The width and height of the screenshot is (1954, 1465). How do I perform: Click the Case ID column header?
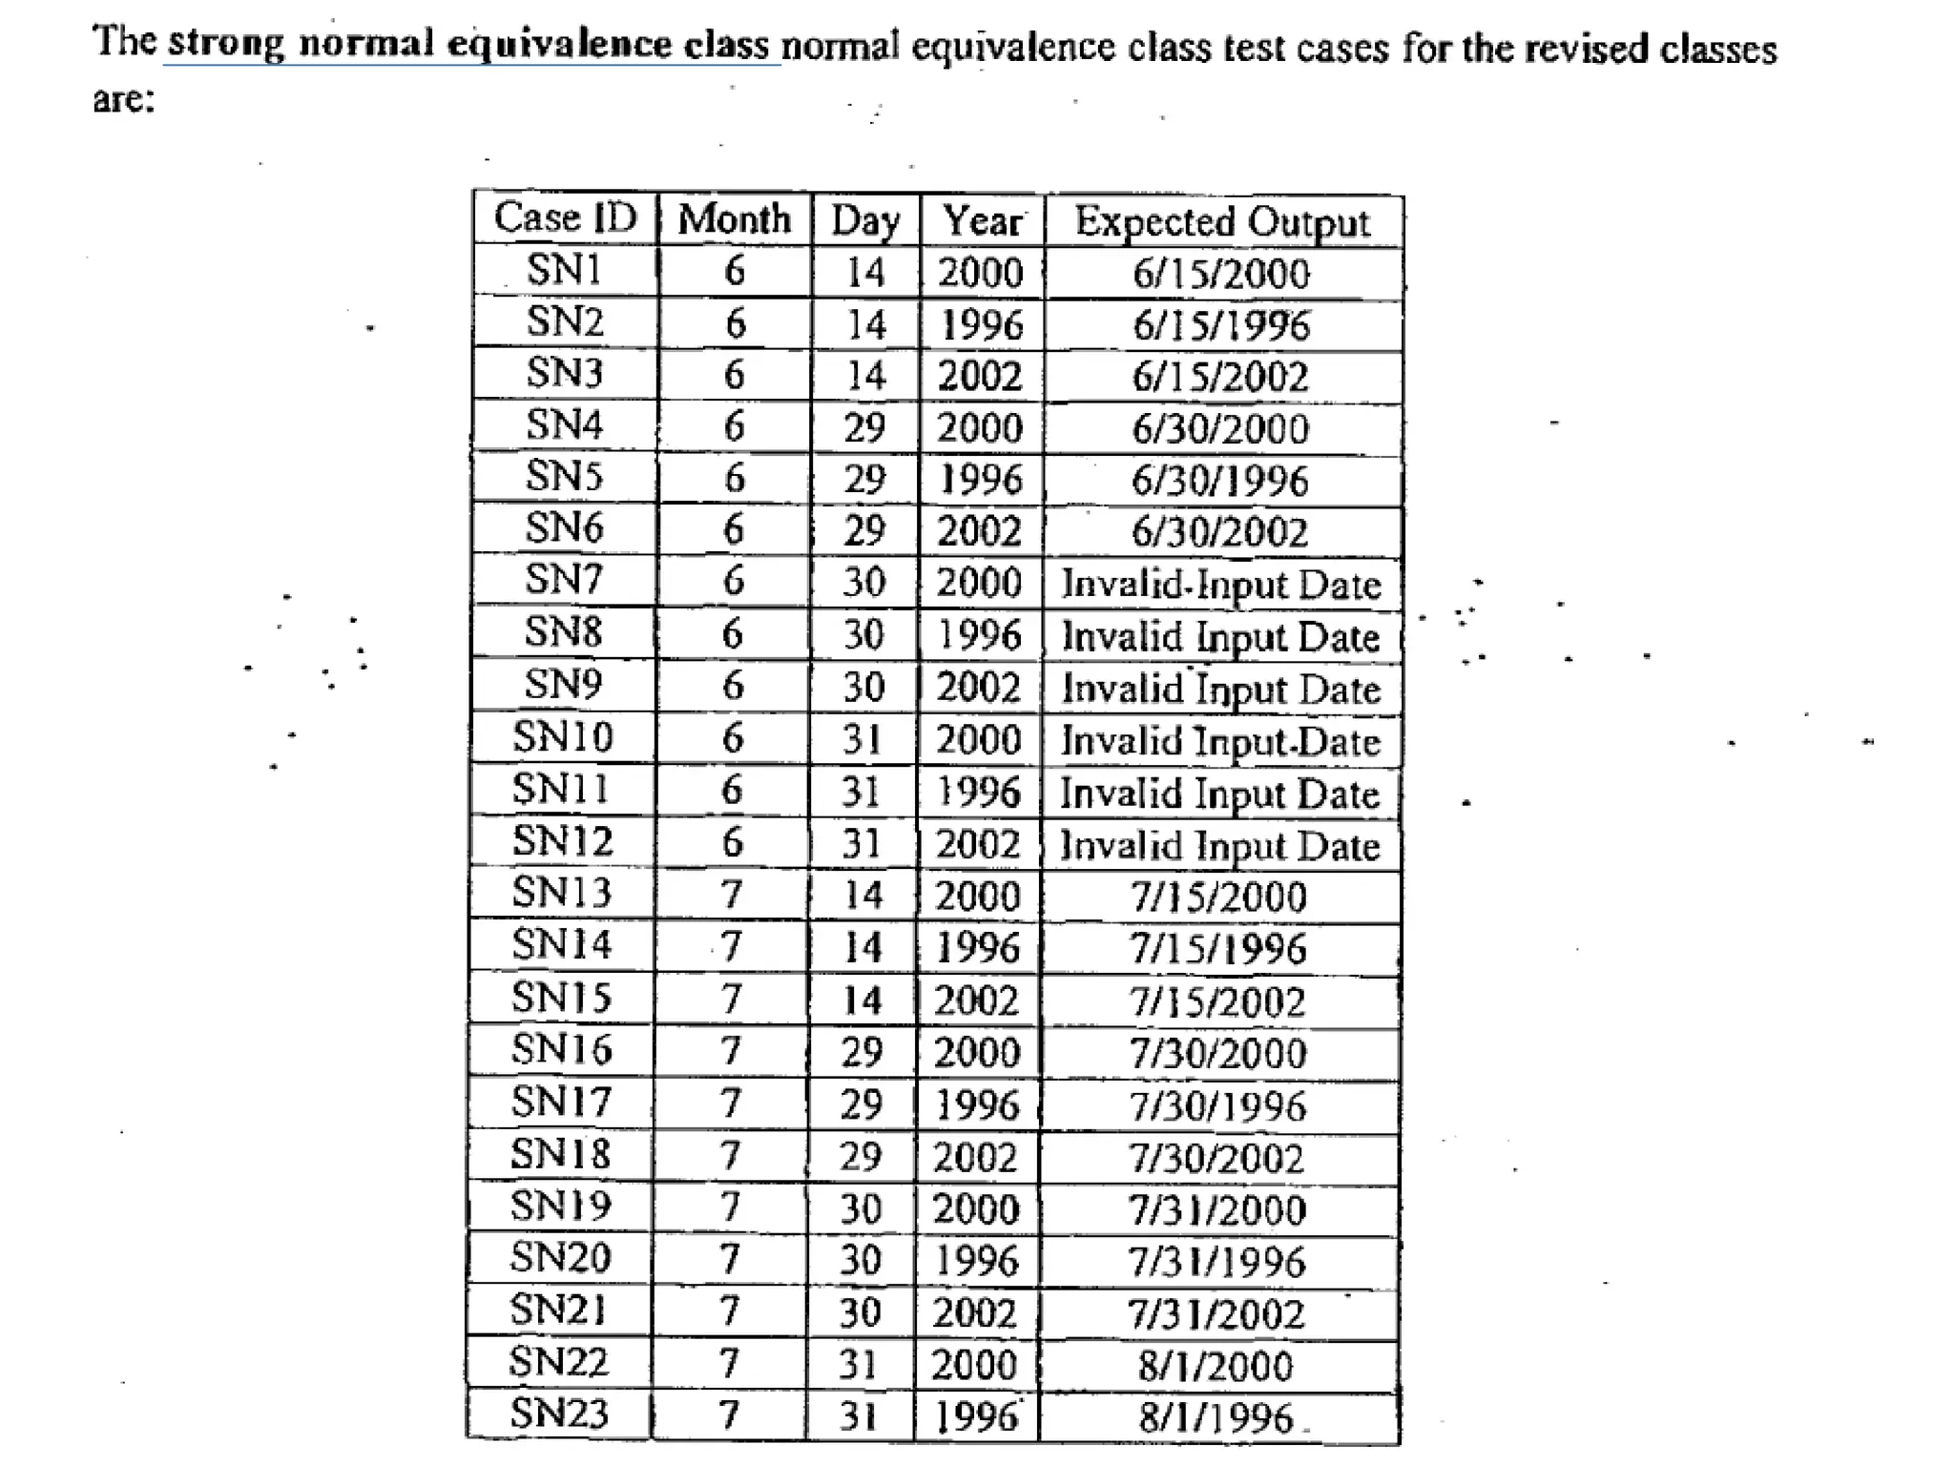tap(565, 217)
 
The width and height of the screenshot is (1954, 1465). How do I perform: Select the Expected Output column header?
tap(1222, 222)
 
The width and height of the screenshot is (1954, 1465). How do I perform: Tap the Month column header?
tap(735, 219)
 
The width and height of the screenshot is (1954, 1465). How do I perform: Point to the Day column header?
tap(865, 221)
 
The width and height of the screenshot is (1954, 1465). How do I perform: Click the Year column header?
tap(982, 221)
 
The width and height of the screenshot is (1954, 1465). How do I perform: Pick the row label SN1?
tap(565, 270)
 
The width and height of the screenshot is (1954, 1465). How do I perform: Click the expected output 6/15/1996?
tap(1221, 325)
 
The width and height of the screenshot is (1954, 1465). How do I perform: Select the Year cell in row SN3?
tap(981, 376)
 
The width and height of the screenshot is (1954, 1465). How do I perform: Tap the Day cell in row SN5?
tap(864, 479)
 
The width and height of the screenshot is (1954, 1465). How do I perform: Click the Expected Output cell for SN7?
tap(1221, 584)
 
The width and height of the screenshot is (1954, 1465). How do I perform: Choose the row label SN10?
tap(563, 737)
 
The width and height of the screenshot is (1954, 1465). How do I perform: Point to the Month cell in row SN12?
tap(732, 842)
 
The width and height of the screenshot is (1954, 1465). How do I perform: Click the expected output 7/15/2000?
tap(1218, 898)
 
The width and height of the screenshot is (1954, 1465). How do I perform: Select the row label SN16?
tap(561, 1050)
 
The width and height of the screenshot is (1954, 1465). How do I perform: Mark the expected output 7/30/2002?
tap(1217, 1159)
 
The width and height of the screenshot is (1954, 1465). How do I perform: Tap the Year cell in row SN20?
tap(977, 1261)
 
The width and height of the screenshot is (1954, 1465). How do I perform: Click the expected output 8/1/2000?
tap(1216, 1367)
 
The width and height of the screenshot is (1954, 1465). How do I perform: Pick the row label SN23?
tap(559, 1413)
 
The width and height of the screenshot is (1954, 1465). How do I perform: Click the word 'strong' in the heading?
tap(226, 44)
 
